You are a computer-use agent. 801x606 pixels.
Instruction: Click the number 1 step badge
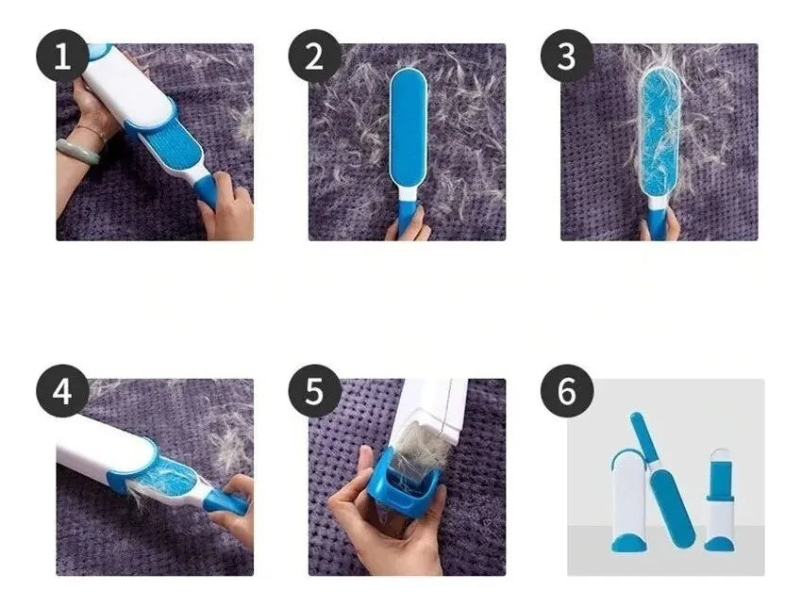(x=62, y=56)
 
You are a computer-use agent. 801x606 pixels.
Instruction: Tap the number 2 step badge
(x=314, y=56)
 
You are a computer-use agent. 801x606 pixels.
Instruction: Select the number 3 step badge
(x=566, y=56)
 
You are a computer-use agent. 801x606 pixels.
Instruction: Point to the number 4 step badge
(x=62, y=391)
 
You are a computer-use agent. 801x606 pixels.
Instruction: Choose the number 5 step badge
(x=314, y=391)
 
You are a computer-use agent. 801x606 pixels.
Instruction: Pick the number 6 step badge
(x=566, y=391)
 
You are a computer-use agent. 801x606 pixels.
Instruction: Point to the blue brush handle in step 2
(x=408, y=216)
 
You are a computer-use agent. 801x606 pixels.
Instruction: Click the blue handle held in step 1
(x=210, y=191)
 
